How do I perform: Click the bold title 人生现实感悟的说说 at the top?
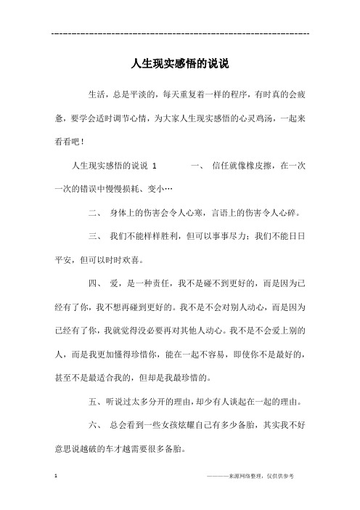[180, 64]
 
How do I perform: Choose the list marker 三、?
[94, 237]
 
